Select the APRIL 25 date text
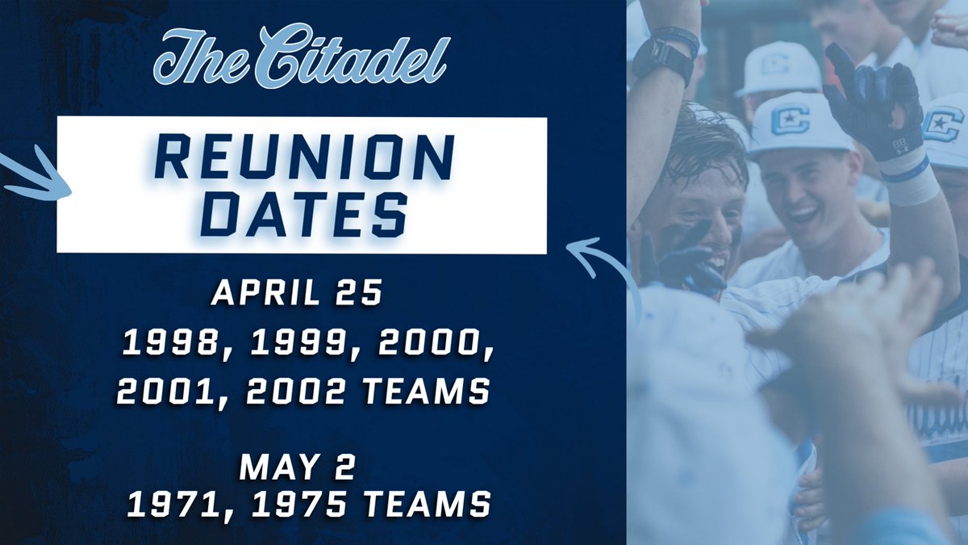coord(296,294)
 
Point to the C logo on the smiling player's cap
coord(790,119)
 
